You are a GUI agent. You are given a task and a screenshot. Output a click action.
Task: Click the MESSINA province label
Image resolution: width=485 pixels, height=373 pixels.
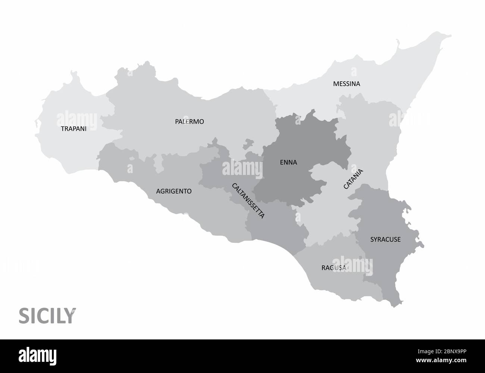point(347,84)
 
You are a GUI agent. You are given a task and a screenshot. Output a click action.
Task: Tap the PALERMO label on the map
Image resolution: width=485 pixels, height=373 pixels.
point(190,122)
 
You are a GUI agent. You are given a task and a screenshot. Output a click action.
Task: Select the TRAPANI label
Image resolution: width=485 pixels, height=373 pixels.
point(73,129)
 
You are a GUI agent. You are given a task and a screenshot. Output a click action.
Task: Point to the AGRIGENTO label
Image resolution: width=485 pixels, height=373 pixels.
point(174,191)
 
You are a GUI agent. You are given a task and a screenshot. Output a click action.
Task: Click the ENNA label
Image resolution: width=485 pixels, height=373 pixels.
point(288,162)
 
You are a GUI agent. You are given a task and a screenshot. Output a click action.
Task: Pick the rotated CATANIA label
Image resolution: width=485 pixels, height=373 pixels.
point(353,179)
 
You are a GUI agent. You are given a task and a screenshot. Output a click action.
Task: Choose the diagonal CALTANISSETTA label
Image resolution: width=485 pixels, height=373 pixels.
point(248,201)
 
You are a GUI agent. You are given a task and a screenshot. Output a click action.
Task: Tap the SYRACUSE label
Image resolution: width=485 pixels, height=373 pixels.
point(385,239)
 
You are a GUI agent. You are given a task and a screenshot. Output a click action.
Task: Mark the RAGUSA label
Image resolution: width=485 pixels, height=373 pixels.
point(334,268)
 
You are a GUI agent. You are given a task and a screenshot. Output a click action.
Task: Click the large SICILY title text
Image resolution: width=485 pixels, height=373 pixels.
point(47,316)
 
